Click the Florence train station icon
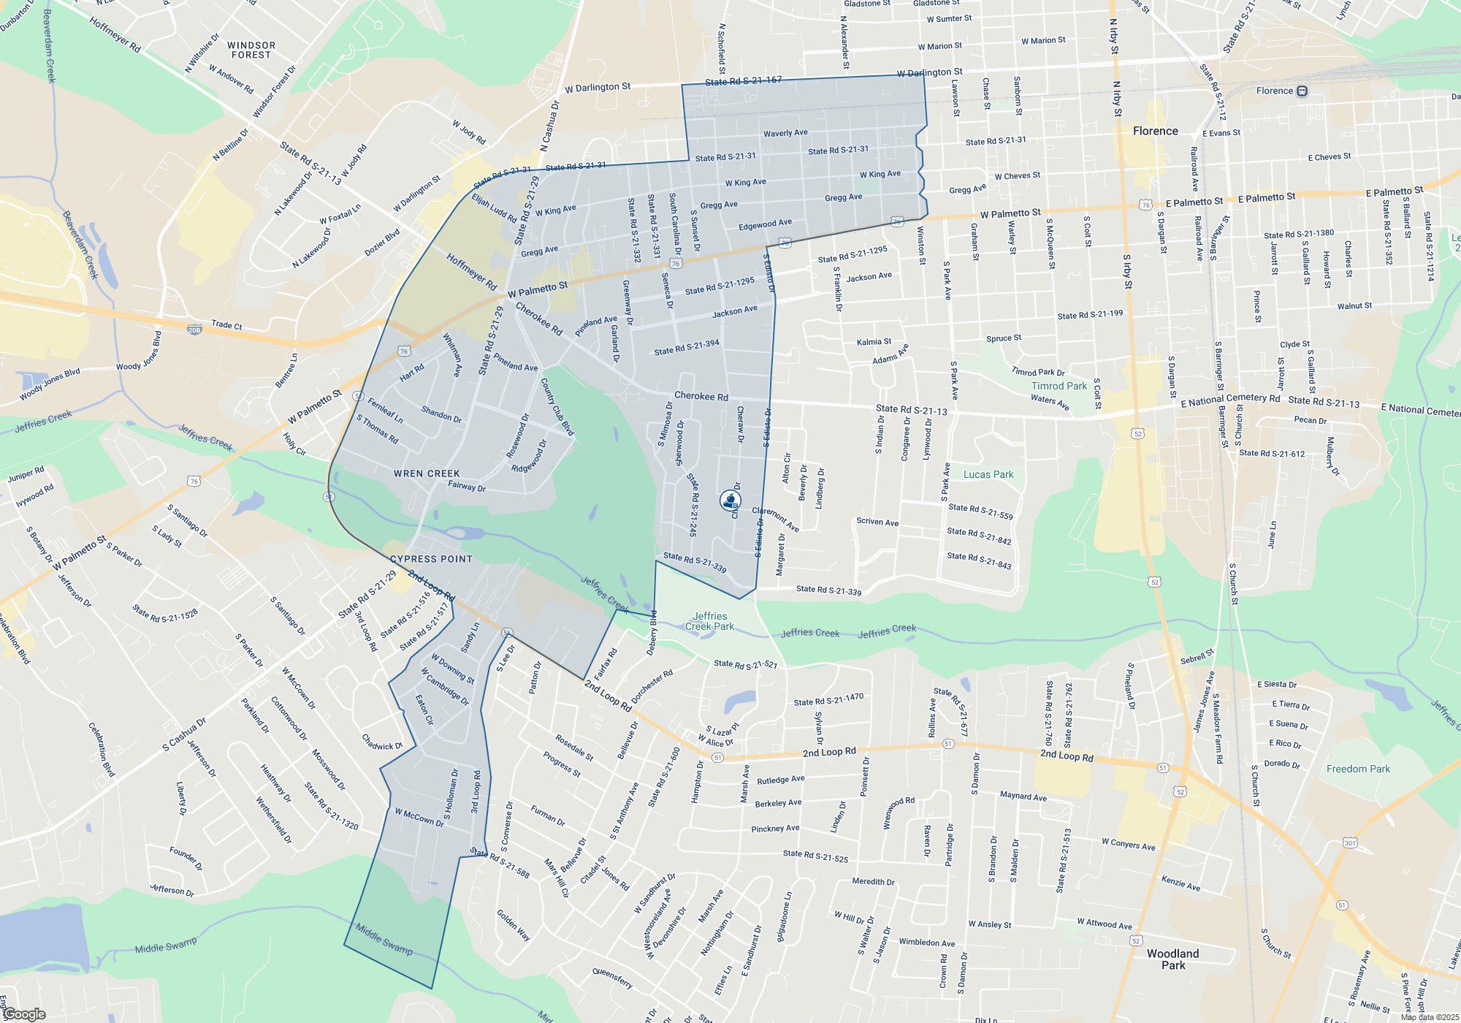click(x=1302, y=91)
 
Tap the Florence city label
click(x=1155, y=132)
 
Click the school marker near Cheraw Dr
click(x=730, y=501)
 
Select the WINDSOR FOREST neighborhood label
click(x=251, y=50)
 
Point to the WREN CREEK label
click(x=427, y=474)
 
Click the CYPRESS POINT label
click(x=431, y=559)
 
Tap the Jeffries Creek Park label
click(x=709, y=621)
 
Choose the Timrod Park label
click(x=1058, y=386)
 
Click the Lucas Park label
click(x=988, y=474)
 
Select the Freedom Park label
click(x=1358, y=769)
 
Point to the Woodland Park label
click(x=1172, y=959)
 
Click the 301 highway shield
click(x=1350, y=843)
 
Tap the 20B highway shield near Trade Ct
click(x=194, y=330)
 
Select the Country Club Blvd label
click(x=557, y=407)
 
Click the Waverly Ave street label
click(x=785, y=133)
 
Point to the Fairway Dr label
click(x=466, y=486)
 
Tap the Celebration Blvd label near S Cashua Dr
click(x=102, y=749)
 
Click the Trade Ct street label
click(x=226, y=325)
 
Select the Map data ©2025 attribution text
click(x=1429, y=1017)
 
